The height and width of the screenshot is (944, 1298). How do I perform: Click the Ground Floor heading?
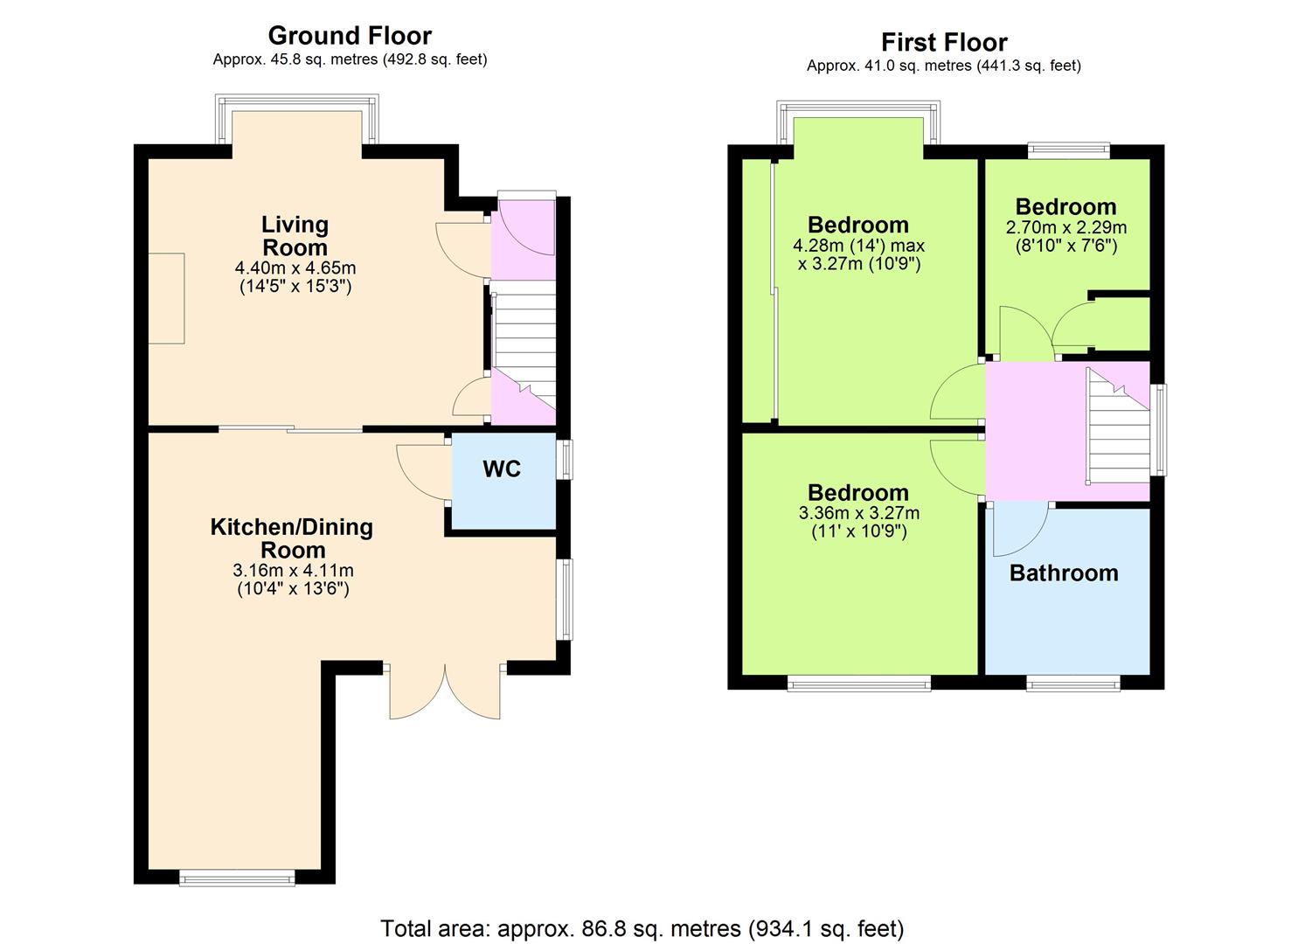click(350, 36)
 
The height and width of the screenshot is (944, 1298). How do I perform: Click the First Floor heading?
click(944, 42)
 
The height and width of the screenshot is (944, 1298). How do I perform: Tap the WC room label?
click(502, 469)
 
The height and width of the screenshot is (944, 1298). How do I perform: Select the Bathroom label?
click(1064, 573)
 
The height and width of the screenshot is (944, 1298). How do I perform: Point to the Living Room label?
click(295, 236)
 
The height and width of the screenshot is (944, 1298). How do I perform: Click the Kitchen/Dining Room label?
click(291, 538)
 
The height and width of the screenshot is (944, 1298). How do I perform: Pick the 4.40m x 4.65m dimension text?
click(295, 268)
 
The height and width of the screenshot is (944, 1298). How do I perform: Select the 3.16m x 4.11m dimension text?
click(293, 570)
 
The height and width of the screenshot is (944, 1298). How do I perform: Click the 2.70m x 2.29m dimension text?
click(1066, 227)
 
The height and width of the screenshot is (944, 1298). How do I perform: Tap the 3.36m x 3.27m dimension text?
click(858, 513)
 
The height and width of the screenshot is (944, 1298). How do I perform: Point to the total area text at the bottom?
click(642, 929)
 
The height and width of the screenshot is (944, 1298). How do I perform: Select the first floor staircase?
click(1118, 426)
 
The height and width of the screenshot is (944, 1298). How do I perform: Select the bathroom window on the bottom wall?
click(1073, 684)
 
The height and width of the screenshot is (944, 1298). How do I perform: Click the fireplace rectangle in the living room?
click(166, 298)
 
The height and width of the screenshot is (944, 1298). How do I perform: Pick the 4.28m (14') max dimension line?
click(858, 245)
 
